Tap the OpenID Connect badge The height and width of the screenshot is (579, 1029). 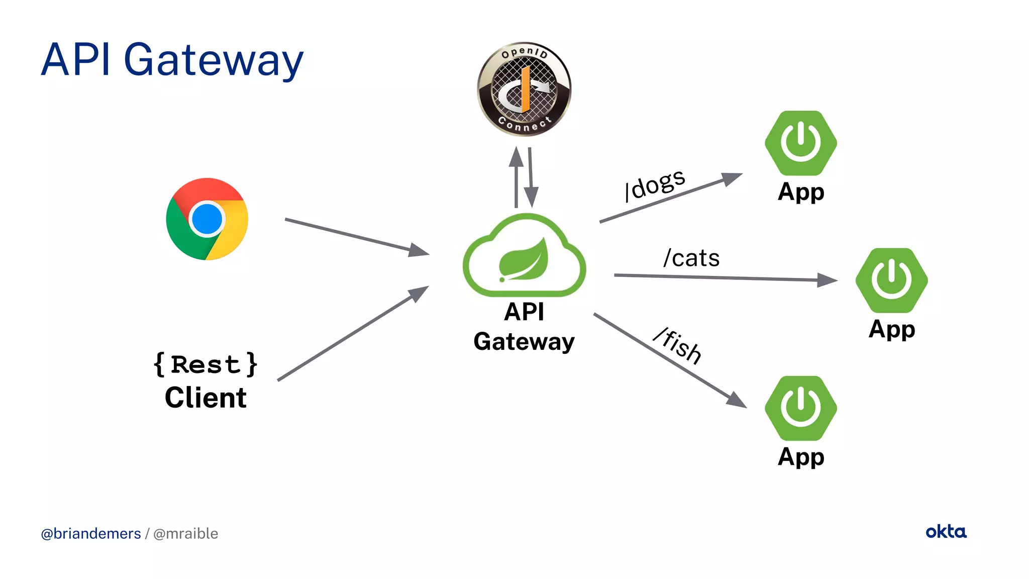click(x=524, y=89)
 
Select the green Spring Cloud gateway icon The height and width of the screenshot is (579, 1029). click(x=524, y=256)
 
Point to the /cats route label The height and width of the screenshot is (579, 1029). click(x=691, y=258)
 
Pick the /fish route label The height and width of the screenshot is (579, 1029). click(x=678, y=345)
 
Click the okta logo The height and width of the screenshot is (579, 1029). click(x=946, y=532)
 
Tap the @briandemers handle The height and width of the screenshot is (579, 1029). click(x=91, y=534)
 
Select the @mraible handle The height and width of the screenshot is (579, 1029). click(x=185, y=534)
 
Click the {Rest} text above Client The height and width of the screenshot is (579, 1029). click(x=205, y=364)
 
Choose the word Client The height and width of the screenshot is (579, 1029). click(x=205, y=398)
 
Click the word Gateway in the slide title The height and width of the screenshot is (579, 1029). click(x=213, y=61)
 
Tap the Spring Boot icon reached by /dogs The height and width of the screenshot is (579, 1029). click(x=800, y=143)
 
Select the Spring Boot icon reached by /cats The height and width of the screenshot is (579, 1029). click(x=891, y=280)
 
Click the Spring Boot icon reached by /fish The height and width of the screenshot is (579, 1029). click(x=800, y=408)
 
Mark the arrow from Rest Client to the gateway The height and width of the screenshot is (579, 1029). click(x=352, y=334)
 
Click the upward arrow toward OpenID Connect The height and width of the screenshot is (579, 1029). click(x=516, y=178)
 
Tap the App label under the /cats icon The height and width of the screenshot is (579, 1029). click(x=892, y=329)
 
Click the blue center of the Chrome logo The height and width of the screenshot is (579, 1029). click(x=207, y=219)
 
